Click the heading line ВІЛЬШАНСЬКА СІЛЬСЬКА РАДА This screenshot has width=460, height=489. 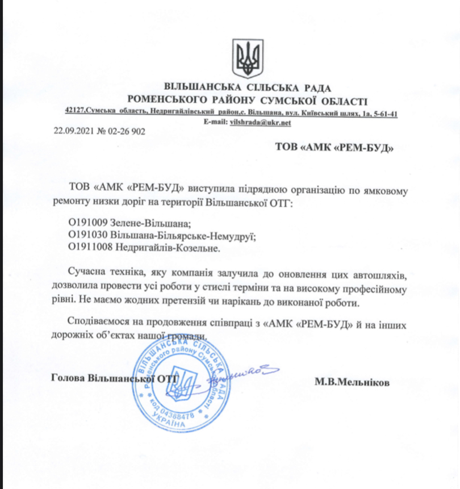tap(247, 88)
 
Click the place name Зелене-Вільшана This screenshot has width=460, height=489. tap(147, 223)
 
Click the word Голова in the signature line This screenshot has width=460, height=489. tap(64, 377)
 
